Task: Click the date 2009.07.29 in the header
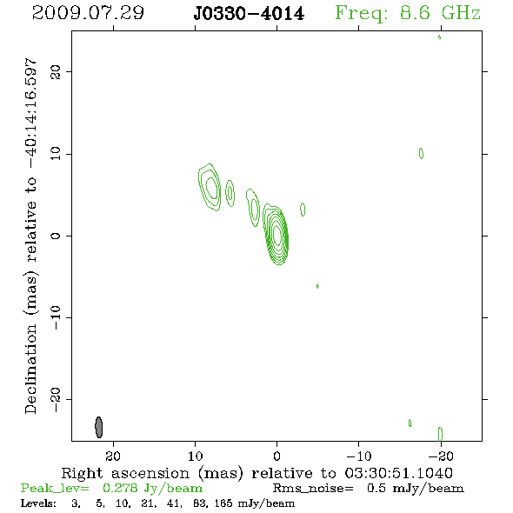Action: [88, 13]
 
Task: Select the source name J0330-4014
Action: [249, 14]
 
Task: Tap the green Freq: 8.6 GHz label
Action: [408, 13]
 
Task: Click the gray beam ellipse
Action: [99, 427]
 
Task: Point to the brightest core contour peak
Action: [277, 235]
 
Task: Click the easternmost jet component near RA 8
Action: [210, 187]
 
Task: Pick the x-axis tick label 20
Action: [113, 456]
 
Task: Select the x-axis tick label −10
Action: [359, 456]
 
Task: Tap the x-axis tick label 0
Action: [276, 456]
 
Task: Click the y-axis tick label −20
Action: [56, 400]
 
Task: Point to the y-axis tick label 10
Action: [56, 154]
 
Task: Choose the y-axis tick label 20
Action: [56, 71]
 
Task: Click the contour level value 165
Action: [224, 503]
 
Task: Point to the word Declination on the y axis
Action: [30, 369]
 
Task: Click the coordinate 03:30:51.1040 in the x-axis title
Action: [398, 473]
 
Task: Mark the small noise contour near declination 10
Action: [421, 153]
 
